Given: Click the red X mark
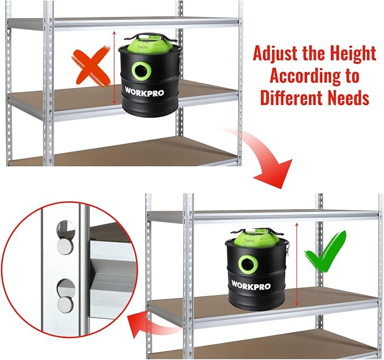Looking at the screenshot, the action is (91, 66).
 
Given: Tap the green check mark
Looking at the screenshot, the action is (326, 253).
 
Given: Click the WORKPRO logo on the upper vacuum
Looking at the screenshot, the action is (144, 92).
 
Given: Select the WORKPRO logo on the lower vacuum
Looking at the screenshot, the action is (251, 285).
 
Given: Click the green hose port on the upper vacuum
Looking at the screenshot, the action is (141, 71).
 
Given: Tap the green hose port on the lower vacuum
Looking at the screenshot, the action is (248, 264).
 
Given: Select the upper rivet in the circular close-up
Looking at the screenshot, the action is (65, 246).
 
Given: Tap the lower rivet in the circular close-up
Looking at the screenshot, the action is (65, 304).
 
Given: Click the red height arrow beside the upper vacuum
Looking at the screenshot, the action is (114, 68).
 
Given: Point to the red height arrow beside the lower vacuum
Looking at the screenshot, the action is (297, 265).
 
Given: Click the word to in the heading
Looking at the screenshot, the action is (353, 76).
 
